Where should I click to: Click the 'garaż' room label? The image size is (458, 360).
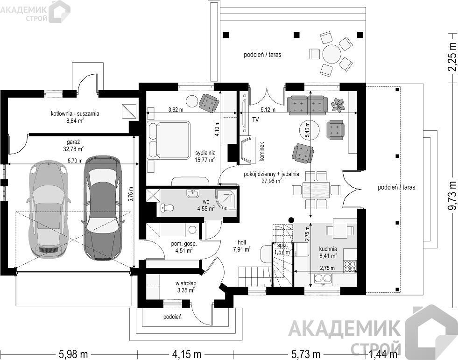tap(73, 142)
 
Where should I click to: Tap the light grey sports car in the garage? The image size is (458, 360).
tap(49, 209)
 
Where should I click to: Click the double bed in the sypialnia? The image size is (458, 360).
tap(169, 141)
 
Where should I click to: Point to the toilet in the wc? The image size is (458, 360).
tap(167, 208)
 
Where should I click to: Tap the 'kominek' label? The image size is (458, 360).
tap(261, 152)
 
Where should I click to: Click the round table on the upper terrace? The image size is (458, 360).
tap(332, 54)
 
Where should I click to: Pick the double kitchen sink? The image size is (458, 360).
tap(324, 279)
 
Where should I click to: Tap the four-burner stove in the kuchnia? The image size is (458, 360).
tap(351, 266)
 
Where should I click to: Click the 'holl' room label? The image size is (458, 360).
tap(242, 242)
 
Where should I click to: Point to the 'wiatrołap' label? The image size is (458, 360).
tap(186, 283)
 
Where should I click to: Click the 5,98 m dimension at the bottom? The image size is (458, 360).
tap(73, 354)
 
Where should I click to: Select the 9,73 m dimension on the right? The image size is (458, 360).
tap(452, 196)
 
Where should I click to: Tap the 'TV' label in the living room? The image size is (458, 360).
tap(255, 120)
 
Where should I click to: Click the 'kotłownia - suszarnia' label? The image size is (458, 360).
tap(75, 113)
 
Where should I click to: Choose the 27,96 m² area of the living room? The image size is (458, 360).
tap(271, 181)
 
